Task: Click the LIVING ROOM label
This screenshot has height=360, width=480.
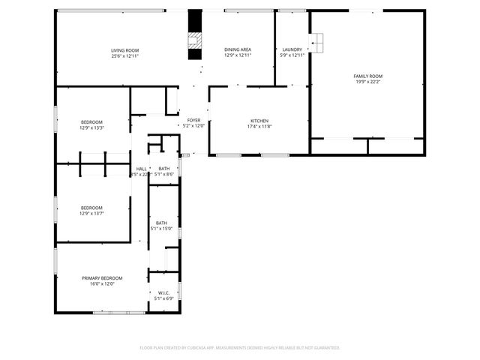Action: pos(125,50)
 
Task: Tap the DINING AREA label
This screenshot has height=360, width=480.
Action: pos(238,50)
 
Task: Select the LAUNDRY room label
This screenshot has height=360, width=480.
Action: pos(292,50)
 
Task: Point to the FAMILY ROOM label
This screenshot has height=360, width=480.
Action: pos(368,76)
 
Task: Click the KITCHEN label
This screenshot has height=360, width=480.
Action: pos(259,121)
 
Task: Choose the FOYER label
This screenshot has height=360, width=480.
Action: pos(193,121)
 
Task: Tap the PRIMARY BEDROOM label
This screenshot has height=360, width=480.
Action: pos(102,278)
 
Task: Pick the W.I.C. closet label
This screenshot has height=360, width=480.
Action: pos(163,293)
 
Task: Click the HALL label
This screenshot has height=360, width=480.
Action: pos(141,169)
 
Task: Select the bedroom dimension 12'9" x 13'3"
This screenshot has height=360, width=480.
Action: pos(91,127)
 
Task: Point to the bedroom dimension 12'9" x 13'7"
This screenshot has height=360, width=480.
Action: pos(91,213)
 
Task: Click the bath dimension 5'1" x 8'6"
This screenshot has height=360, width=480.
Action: pos(163,174)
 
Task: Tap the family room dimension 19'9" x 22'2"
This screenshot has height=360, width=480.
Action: pos(368,82)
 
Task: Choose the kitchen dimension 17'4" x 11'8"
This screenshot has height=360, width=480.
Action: pos(259,126)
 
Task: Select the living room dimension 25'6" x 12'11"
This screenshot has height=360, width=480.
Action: pos(125,55)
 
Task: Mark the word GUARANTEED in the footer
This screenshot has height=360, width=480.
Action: pos(323,347)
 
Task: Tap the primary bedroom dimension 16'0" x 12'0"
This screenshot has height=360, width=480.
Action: pos(102,283)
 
